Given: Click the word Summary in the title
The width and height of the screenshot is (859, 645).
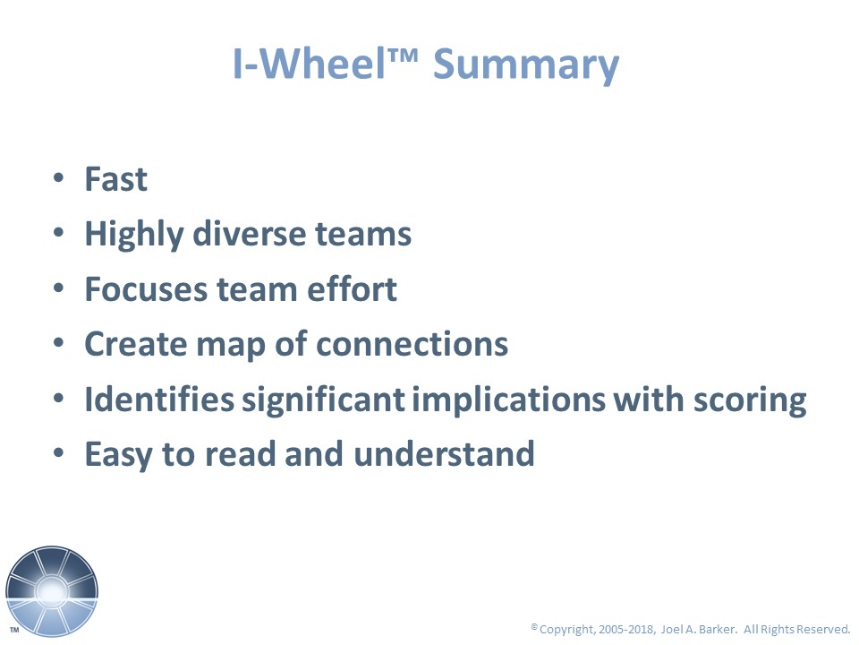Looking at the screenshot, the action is (526, 65).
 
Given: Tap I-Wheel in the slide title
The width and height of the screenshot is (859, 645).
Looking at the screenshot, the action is (310, 64).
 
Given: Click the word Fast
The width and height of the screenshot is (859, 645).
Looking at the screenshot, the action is (115, 179).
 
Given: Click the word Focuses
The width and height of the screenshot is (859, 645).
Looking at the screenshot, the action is (146, 289).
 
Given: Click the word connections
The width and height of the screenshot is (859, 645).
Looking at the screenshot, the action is (412, 344).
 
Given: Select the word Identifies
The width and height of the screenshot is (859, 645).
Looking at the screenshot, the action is (159, 399).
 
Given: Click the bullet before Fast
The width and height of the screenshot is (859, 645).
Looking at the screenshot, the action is (59, 178).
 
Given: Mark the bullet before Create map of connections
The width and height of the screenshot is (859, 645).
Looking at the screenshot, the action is (59, 343).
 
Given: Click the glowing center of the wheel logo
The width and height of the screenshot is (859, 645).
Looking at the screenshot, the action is (52, 591).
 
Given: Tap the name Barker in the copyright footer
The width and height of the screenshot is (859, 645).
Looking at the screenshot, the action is (718, 629).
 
